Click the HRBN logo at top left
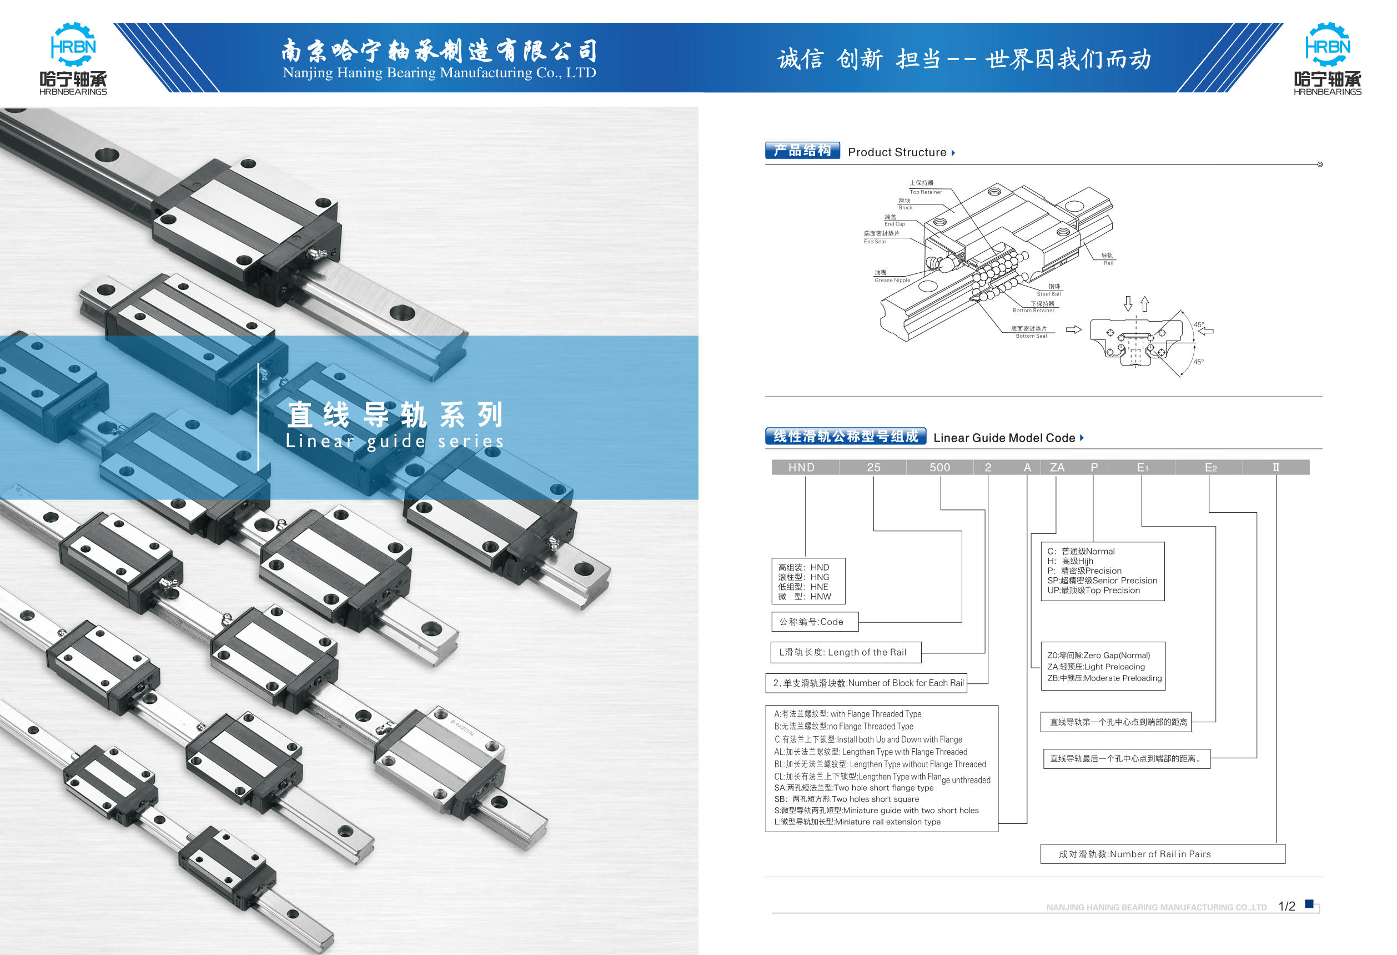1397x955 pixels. pos(73,59)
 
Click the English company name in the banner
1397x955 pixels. pos(439,73)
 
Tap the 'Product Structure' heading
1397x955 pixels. pos(897,152)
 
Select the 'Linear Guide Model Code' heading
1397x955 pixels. pos(1004,438)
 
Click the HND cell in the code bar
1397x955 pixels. pos(801,467)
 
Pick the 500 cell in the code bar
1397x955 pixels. pos(939,467)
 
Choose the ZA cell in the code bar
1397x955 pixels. pos(1057,467)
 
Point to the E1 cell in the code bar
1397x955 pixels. pos(1142,467)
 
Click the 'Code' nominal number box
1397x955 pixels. pos(815,622)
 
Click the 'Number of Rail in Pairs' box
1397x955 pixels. pos(1163,854)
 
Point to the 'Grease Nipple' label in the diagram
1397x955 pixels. pos(892,280)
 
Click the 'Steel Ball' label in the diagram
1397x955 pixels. pos(1048,294)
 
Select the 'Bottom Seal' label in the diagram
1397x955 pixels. pos(1031,336)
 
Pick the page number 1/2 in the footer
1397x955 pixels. pos(1287,906)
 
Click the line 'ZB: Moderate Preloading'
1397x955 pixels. pos(1104,678)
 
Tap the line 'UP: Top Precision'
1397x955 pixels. pos(1093,591)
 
